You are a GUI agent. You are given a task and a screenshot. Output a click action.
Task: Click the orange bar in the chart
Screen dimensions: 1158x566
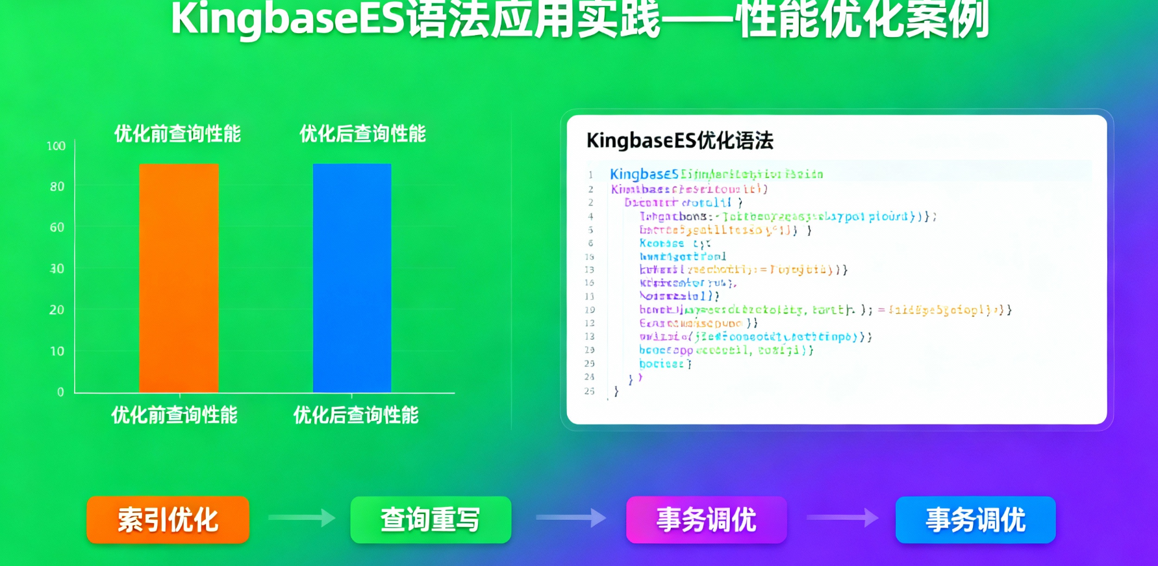coord(179,278)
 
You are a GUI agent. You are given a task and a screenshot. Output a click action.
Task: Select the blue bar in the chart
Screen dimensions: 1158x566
coord(352,278)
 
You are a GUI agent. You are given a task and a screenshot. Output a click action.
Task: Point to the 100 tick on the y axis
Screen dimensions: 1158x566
coord(56,146)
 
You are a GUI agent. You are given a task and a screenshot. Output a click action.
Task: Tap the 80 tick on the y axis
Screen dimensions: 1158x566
coord(57,187)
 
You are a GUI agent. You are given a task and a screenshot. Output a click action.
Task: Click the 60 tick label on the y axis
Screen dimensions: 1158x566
coord(57,227)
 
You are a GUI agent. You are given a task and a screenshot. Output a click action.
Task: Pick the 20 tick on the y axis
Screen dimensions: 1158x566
coord(57,310)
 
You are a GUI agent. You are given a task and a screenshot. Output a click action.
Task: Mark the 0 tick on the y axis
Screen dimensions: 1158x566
coord(60,392)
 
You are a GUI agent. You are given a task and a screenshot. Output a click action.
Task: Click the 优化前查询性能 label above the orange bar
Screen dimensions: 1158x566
coord(177,134)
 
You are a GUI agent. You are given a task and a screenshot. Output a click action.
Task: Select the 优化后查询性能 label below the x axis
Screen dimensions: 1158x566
coord(356,415)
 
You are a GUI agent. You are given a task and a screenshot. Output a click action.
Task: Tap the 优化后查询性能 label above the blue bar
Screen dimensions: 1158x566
coord(362,134)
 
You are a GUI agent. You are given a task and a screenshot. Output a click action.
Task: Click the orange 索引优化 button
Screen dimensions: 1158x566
coord(168,520)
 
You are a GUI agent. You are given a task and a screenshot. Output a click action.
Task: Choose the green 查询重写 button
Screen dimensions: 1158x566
coord(431,520)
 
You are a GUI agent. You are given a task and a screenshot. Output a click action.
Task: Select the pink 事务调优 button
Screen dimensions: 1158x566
coord(706,520)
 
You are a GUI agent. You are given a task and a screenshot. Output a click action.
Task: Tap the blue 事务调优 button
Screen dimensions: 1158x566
coord(975,520)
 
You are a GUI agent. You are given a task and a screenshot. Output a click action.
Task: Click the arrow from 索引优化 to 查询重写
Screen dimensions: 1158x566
coord(301,518)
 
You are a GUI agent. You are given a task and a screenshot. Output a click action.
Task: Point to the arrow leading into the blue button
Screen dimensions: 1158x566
coord(842,518)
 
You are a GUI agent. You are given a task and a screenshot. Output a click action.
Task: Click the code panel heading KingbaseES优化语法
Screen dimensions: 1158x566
coord(679,140)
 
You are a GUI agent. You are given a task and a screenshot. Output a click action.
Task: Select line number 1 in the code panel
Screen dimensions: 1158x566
coord(590,175)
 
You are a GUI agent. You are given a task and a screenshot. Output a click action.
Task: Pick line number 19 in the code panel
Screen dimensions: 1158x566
coord(590,310)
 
